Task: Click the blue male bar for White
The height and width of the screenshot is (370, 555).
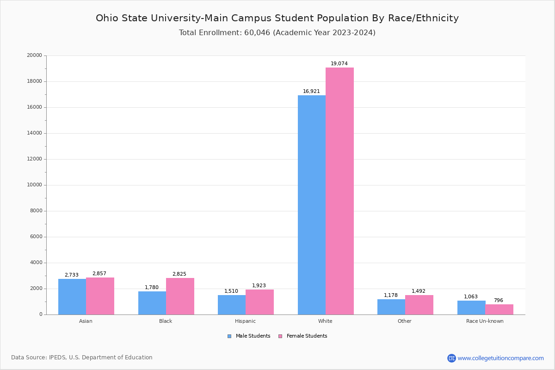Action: click(312, 205)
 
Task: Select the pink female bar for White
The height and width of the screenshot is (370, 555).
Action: click(339, 191)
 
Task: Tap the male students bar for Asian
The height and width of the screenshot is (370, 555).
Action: click(72, 296)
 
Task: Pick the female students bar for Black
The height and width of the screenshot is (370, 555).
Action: click(180, 296)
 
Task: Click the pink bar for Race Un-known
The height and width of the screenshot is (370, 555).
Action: click(499, 309)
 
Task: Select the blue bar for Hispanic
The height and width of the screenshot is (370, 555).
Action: click(232, 305)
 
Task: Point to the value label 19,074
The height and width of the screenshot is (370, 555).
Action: click(339, 64)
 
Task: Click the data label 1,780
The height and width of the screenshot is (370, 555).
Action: click(152, 288)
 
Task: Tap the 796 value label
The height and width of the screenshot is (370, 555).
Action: click(498, 301)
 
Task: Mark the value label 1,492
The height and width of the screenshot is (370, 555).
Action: click(419, 291)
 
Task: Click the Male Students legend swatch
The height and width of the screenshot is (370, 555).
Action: click(229, 336)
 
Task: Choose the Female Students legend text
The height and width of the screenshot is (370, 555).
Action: click(307, 336)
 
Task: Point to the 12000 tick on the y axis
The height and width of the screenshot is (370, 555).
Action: click(36, 159)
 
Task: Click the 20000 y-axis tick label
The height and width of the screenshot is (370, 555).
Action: click(35, 55)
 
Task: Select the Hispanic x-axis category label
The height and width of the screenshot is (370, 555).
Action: click(245, 321)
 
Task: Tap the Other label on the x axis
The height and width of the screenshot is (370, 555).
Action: click(404, 321)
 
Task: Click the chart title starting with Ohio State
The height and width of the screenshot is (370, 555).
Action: click(277, 18)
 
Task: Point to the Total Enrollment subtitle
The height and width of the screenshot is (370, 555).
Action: click(277, 33)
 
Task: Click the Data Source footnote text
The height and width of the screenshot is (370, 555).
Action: click(82, 358)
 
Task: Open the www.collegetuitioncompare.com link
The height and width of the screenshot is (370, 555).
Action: click(500, 358)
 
